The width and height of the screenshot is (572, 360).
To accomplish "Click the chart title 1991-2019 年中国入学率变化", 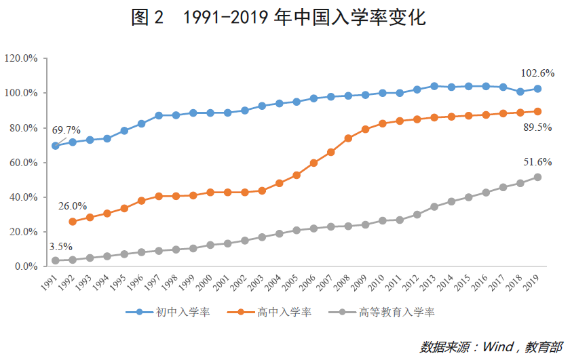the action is click(304, 17).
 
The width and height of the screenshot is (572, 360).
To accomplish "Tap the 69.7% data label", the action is click(66, 130).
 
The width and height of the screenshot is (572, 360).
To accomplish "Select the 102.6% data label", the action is click(537, 73).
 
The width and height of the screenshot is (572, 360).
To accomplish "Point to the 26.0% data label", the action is click(73, 206).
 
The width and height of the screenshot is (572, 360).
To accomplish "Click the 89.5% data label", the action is click(537, 127).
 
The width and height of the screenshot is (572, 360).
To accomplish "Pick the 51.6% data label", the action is click(537, 162).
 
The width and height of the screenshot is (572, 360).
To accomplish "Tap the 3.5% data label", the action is click(61, 247).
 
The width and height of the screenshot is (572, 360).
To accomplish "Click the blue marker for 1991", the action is click(56, 146).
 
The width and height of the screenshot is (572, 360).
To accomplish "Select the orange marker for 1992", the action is click(73, 222).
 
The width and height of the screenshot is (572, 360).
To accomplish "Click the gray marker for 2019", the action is click(537, 178).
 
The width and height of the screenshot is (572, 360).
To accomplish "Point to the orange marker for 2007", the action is click(331, 153).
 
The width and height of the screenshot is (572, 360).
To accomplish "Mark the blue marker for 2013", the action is click(434, 86).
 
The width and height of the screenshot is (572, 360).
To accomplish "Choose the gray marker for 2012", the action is click(417, 215).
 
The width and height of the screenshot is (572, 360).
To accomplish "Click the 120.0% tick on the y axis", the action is click(21, 58).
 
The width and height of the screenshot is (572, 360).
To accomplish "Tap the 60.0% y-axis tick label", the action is click(24, 163).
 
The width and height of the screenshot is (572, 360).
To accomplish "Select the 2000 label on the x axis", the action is click(205, 283).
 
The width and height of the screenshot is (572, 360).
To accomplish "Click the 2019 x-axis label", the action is click(531, 283).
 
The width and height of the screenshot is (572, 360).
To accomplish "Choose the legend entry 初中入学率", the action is click(168, 313).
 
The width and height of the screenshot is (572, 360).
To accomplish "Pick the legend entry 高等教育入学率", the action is click(381, 313).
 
